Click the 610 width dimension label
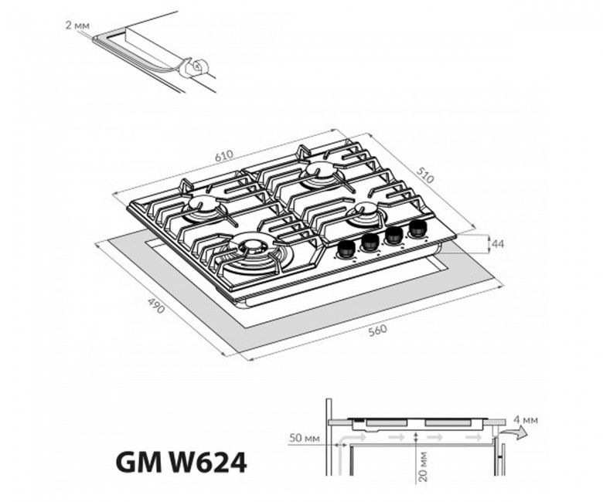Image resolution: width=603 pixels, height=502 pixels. (224, 155)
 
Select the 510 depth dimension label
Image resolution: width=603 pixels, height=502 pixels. (425, 175)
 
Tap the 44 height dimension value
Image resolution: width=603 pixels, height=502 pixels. (498, 244)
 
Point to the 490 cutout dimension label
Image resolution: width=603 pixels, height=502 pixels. (156, 305)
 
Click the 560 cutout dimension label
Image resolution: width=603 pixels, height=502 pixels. (377, 331)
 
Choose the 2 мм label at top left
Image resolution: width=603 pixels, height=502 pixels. (77, 25)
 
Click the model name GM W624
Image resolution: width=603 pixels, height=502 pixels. (181, 463)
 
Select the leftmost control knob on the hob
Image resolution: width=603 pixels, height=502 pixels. (346, 249)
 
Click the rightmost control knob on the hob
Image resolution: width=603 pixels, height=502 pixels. (417, 229)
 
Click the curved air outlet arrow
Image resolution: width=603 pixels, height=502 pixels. (513, 432)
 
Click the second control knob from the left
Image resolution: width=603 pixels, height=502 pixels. (370, 242)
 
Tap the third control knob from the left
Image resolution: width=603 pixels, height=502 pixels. (393, 236)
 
